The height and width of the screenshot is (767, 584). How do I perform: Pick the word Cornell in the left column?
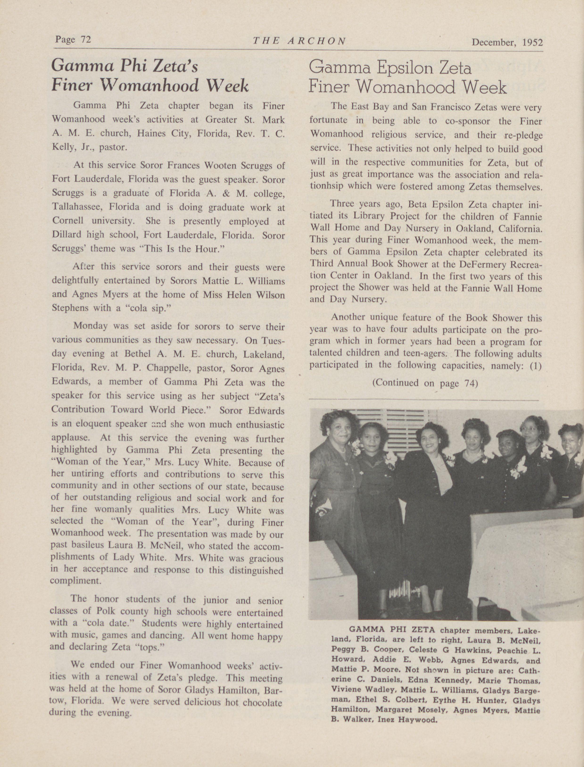point(69,221)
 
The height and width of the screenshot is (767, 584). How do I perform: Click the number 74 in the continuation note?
point(471,383)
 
